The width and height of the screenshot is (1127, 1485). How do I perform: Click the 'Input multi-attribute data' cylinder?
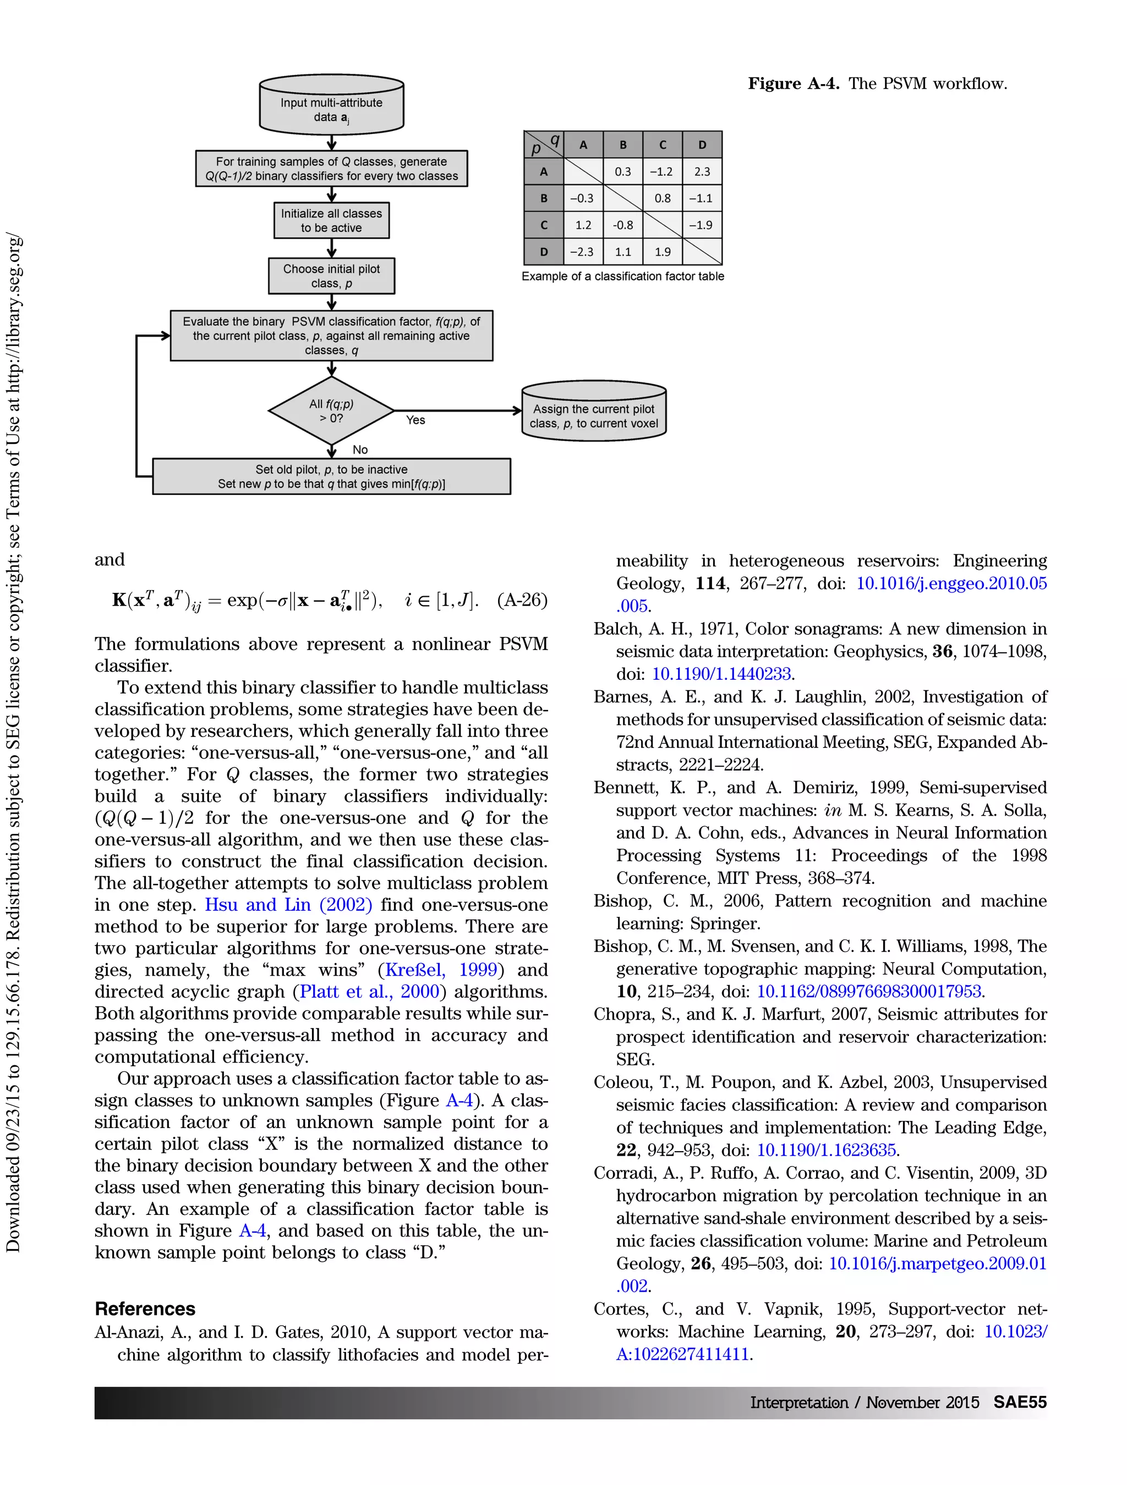coord(331,107)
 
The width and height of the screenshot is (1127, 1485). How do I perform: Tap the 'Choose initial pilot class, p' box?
coord(331,276)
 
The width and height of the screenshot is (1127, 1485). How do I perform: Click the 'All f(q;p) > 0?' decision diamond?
coord(331,411)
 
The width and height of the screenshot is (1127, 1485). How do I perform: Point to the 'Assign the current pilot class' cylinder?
coord(594,414)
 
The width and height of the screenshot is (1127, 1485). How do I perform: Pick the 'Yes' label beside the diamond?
coord(415,420)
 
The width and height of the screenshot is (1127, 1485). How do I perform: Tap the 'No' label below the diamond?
coord(360,450)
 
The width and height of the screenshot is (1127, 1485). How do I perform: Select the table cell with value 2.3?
coord(702,172)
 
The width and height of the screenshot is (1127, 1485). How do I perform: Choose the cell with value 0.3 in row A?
coord(622,172)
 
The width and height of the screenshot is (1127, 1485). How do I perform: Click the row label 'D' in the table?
coord(543,252)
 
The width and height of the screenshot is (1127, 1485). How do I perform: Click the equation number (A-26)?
coord(522,599)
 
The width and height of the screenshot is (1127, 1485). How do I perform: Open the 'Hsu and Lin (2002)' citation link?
coord(288,905)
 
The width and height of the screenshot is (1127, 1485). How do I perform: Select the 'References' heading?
coord(145,1309)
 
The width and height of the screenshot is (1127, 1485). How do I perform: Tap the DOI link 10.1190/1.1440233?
coord(721,674)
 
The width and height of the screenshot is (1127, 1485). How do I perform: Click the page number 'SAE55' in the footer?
coord(1020,1402)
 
